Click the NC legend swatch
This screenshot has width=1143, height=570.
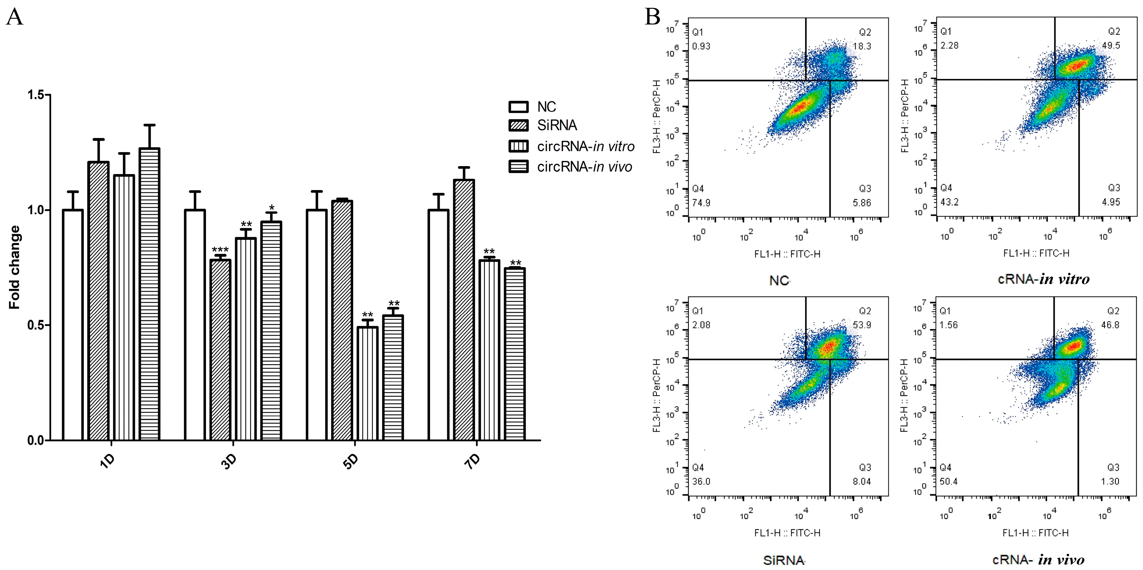(x=518, y=107)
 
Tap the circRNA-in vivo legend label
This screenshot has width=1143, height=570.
(x=584, y=167)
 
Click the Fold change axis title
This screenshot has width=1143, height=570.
(x=15, y=267)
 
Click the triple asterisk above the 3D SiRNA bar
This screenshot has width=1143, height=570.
(x=220, y=250)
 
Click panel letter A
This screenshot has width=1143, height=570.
(x=15, y=17)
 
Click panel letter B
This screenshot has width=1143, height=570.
(x=652, y=17)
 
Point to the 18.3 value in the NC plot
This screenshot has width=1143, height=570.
(x=862, y=46)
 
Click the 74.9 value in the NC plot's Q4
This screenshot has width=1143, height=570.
(x=701, y=203)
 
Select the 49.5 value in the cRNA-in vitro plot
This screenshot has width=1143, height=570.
(x=1111, y=45)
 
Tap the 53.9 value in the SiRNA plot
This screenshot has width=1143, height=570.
(x=862, y=325)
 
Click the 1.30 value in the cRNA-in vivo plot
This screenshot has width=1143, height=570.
(x=1110, y=481)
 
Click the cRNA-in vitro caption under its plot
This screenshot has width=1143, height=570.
(x=1044, y=279)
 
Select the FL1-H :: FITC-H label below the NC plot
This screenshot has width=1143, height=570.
(x=787, y=254)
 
